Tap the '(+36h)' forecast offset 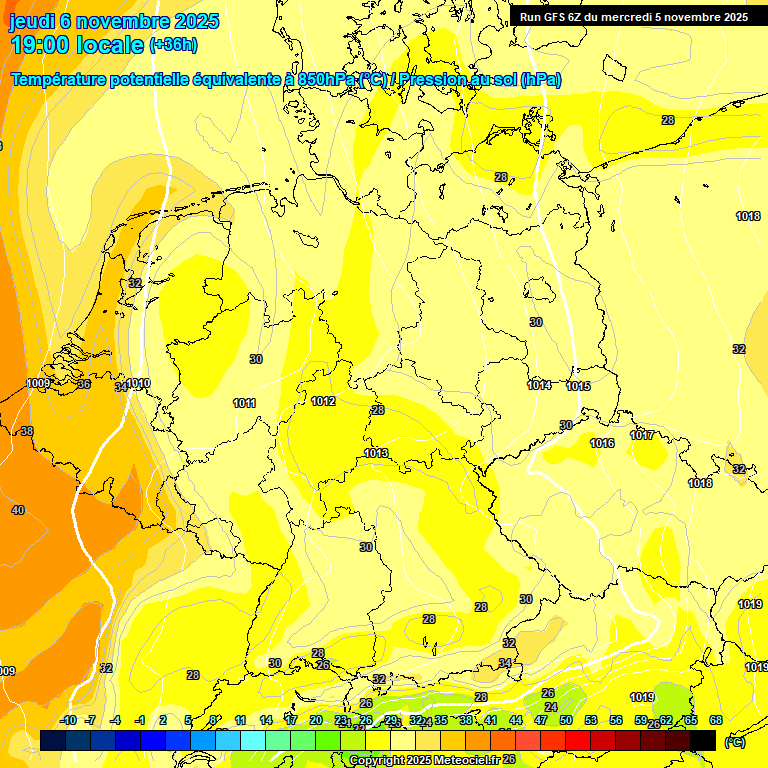[x=173, y=45]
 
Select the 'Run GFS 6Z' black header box [x=633, y=17]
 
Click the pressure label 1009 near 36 [x=38, y=383]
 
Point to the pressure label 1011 [x=244, y=403]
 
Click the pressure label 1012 [x=323, y=401]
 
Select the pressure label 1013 [x=376, y=453]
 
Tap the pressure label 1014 [x=539, y=385]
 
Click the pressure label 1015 [x=578, y=386]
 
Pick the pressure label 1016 [x=602, y=443]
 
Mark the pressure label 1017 [x=642, y=435]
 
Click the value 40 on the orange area [x=18, y=510]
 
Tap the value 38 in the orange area [x=27, y=431]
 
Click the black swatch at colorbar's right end [x=703, y=740]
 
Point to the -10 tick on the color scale [x=68, y=720]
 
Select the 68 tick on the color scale [x=716, y=720]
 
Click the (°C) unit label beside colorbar [x=734, y=741]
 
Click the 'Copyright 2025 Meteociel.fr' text [x=424, y=760]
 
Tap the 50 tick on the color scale [x=566, y=720]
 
